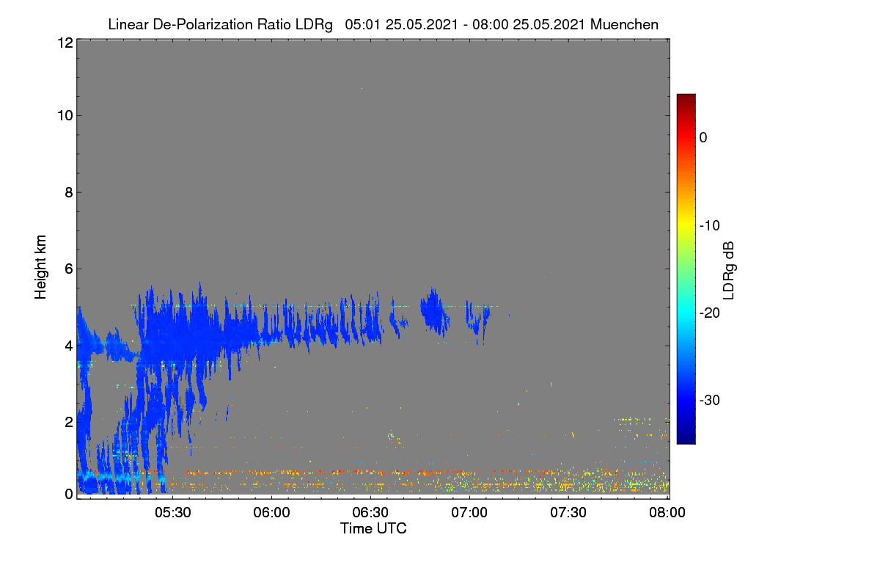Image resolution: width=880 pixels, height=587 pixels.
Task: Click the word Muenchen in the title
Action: [x=624, y=24]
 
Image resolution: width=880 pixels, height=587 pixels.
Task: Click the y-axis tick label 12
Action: [x=65, y=43]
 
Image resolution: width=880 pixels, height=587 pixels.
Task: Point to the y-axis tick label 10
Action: [x=65, y=116]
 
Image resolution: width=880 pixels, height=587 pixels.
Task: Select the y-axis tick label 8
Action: [x=69, y=192]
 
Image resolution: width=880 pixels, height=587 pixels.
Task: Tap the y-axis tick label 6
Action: [x=69, y=269]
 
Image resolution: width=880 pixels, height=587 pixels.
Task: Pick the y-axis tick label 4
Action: [x=69, y=346]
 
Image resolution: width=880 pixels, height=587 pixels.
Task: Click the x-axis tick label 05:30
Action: [x=173, y=512]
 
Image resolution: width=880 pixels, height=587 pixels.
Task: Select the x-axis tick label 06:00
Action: [x=271, y=512]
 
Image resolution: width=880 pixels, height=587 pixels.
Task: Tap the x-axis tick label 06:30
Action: [x=370, y=512]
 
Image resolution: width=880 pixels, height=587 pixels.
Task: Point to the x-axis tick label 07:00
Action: [x=469, y=512]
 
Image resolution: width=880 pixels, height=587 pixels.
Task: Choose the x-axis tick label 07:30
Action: [x=568, y=512]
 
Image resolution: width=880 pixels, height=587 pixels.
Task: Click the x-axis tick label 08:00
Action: [x=667, y=512]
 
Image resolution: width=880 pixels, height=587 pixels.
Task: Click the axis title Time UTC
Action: [x=373, y=528]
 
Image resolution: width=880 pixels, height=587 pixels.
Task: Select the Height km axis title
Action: [x=40, y=267]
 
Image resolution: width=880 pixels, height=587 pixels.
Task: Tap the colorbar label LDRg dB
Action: [x=729, y=271]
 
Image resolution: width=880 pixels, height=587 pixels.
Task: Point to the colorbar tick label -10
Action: [x=710, y=226]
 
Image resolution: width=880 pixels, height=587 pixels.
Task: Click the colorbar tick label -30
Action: [x=710, y=400]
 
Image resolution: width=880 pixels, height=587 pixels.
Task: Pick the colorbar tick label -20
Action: [x=710, y=313]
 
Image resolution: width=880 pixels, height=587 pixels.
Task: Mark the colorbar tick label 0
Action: [x=703, y=138]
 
